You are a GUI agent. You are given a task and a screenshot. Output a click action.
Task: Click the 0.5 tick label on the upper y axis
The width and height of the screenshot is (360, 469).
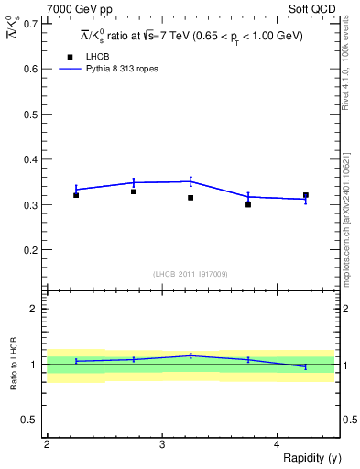(x=29, y=114)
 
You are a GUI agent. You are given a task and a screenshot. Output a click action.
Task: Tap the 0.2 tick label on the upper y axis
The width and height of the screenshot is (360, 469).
(x=29, y=249)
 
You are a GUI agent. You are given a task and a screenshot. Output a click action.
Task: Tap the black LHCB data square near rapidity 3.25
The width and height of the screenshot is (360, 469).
(x=191, y=198)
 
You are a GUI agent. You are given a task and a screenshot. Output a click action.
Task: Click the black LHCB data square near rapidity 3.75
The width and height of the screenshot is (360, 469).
(x=248, y=205)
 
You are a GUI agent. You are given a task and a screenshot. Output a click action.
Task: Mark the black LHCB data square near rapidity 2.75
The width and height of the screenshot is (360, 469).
(x=134, y=191)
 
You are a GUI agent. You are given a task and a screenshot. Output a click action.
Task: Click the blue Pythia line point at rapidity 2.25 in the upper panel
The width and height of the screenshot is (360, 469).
(x=76, y=189)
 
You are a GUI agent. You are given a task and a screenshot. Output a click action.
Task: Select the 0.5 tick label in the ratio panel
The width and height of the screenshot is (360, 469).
(x=29, y=420)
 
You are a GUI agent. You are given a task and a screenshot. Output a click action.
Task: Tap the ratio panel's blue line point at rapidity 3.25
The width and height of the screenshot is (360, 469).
(x=191, y=355)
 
